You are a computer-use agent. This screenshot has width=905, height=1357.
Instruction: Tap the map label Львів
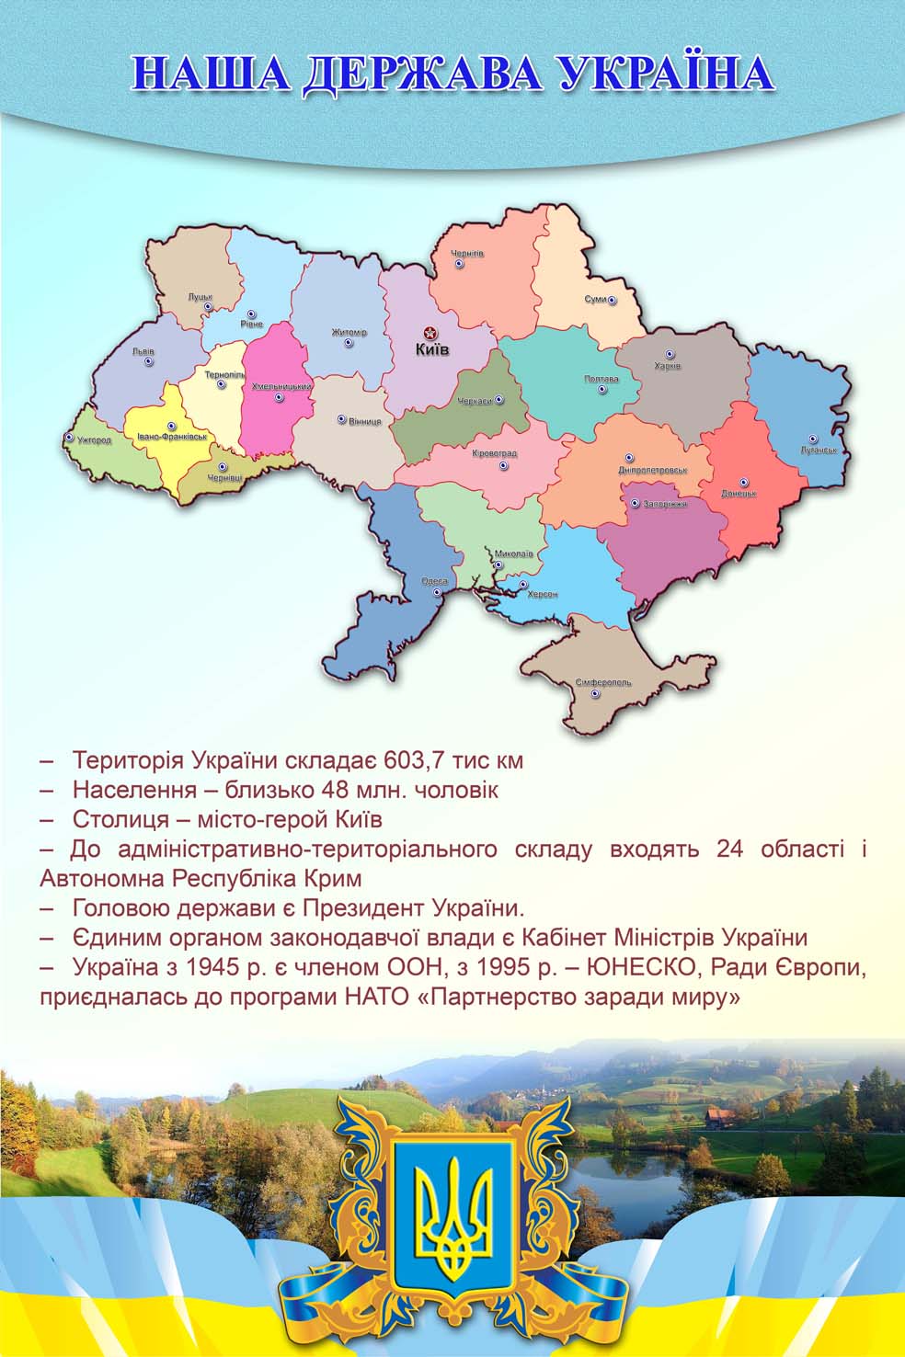pos(143,351)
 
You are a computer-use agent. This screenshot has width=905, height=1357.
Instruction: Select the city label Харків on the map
pos(667,366)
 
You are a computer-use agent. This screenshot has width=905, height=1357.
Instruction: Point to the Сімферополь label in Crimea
pos(603,683)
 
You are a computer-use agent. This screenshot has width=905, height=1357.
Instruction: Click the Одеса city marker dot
pos(437,592)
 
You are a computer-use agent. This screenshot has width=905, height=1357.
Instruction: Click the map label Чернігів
pos(466,254)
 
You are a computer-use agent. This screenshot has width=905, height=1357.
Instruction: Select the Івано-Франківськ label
pos(171,437)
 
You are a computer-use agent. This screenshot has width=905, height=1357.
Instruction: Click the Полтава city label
pos(601,379)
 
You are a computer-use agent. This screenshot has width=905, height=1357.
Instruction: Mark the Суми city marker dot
pos(612,300)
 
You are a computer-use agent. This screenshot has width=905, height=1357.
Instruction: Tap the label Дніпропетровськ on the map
pos(653,470)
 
